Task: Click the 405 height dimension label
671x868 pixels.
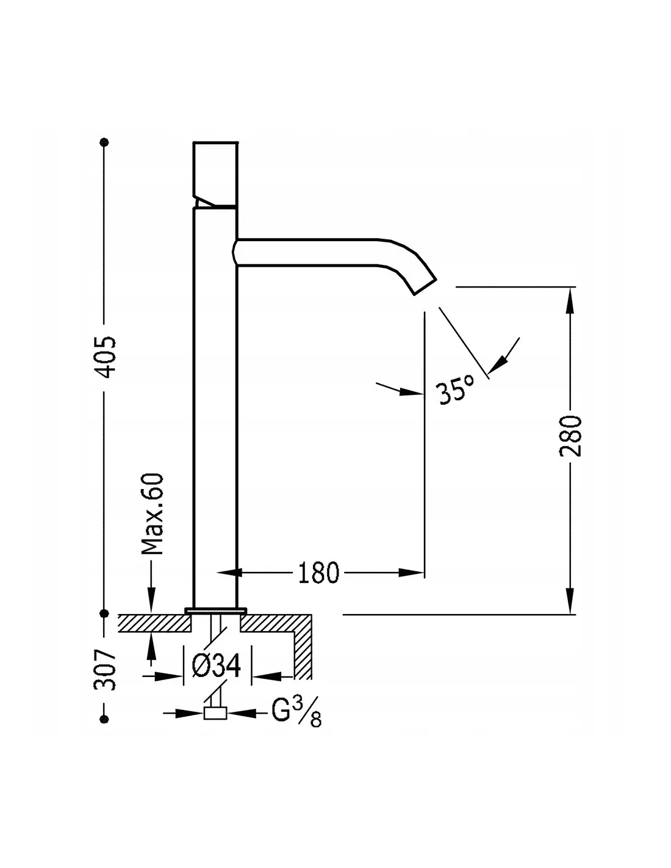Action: [105, 357]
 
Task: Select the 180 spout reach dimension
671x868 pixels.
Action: [318, 573]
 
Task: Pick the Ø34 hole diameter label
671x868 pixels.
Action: [217, 666]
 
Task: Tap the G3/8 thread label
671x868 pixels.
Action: [296, 712]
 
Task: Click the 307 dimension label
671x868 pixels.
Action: [105, 668]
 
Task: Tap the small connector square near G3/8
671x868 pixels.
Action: [215, 713]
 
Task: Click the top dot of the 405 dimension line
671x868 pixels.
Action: [105, 143]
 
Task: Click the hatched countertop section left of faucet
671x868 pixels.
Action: [152, 623]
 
